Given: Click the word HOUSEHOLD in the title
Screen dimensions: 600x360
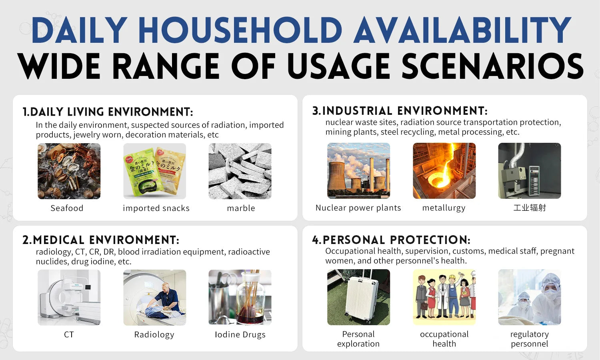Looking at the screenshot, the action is click(x=240, y=30).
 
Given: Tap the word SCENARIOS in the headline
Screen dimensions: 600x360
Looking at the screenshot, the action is click(x=492, y=66).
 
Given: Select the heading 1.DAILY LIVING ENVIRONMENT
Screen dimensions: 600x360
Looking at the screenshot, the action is click(x=108, y=112).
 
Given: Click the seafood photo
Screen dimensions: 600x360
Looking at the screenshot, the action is click(x=69, y=171).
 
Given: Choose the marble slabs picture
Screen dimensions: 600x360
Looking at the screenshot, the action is click(x=240, y=171).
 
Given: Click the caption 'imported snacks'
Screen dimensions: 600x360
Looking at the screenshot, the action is click(x=156, y=208).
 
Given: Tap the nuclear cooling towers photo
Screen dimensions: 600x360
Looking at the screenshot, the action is click(x=359, y=171).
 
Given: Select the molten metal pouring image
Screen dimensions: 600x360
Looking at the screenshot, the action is click(x=444, y=171).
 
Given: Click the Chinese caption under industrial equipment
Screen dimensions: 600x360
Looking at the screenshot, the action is click(x=530, y=208).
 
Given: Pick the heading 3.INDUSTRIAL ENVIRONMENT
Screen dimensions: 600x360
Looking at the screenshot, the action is click(x=400, y=111).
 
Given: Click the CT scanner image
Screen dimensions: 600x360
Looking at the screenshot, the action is click(x=69, y=297).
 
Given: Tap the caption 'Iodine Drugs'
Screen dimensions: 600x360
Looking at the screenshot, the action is click(x=240, y=334).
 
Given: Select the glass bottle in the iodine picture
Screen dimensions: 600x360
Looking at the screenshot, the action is click(x=251, y=300).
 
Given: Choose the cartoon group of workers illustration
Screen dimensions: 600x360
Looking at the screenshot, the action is click(x=444, y=297).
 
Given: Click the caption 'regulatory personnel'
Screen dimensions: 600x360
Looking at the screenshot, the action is click(x=530, y=339).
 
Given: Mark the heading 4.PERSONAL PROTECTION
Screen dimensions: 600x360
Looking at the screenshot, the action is click(x=391, y=240).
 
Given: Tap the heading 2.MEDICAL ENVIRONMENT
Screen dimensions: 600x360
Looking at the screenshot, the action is click(x=101, y=240).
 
